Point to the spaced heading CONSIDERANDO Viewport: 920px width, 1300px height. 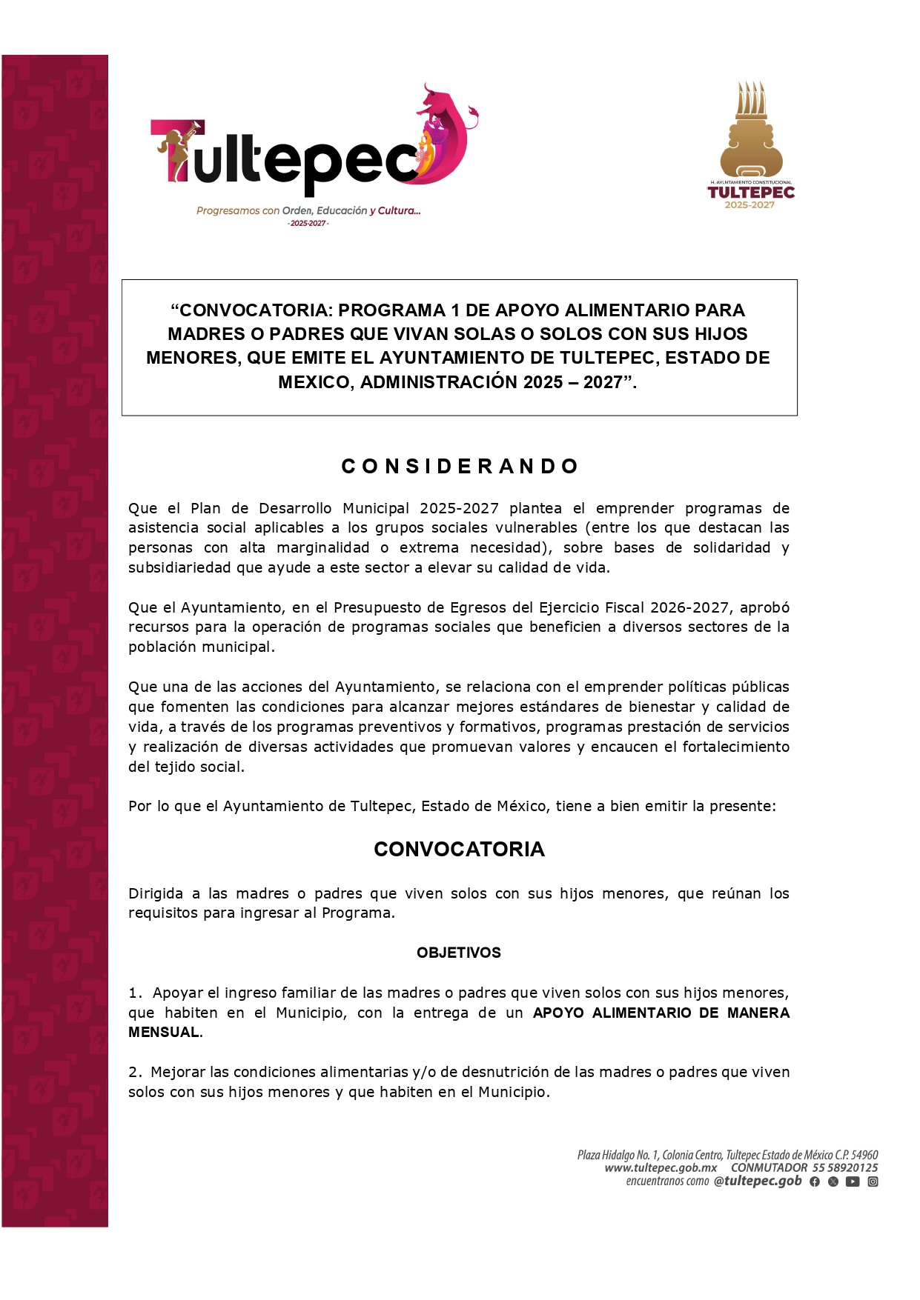pos(460,467)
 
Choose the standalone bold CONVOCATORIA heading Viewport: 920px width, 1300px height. pos(459,850)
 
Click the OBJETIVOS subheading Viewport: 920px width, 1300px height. pos(459,953)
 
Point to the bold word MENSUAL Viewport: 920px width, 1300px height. pos(164,1033)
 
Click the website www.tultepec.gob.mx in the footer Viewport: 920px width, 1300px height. pos(661,1168)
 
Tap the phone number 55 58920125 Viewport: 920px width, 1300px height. pos(845,1168)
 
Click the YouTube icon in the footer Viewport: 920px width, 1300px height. pos(853,1181)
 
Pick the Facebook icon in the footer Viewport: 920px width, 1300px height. pos(815,1181)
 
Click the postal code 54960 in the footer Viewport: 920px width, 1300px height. pos(864,1155)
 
